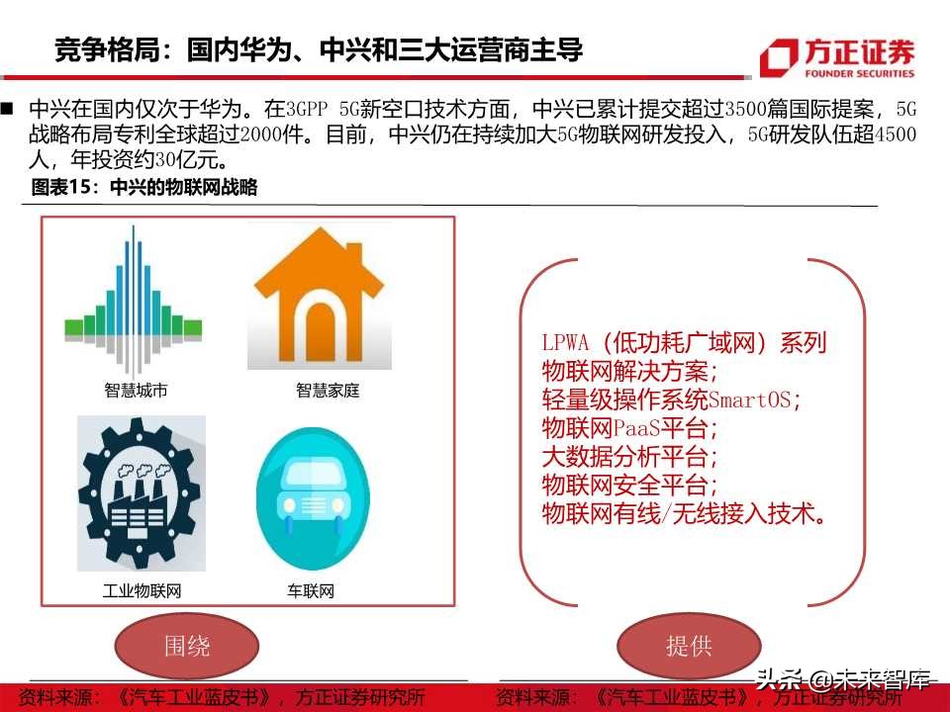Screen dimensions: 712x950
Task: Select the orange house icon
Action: coord(320,298)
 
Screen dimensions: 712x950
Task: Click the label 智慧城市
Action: coord(136,391)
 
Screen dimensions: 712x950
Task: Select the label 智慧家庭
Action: coord(328,391)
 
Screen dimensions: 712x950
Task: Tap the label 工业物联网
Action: coord(142,591)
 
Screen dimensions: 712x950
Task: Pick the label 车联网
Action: coord(311,591)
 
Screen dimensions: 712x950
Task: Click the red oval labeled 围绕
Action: coord(187,647)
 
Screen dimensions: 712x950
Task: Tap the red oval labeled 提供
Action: coord(689,647)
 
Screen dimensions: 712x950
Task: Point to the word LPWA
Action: coord(566,344)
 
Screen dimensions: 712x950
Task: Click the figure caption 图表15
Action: coord(65,188)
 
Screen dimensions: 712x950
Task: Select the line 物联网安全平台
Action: coord(625,486)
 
